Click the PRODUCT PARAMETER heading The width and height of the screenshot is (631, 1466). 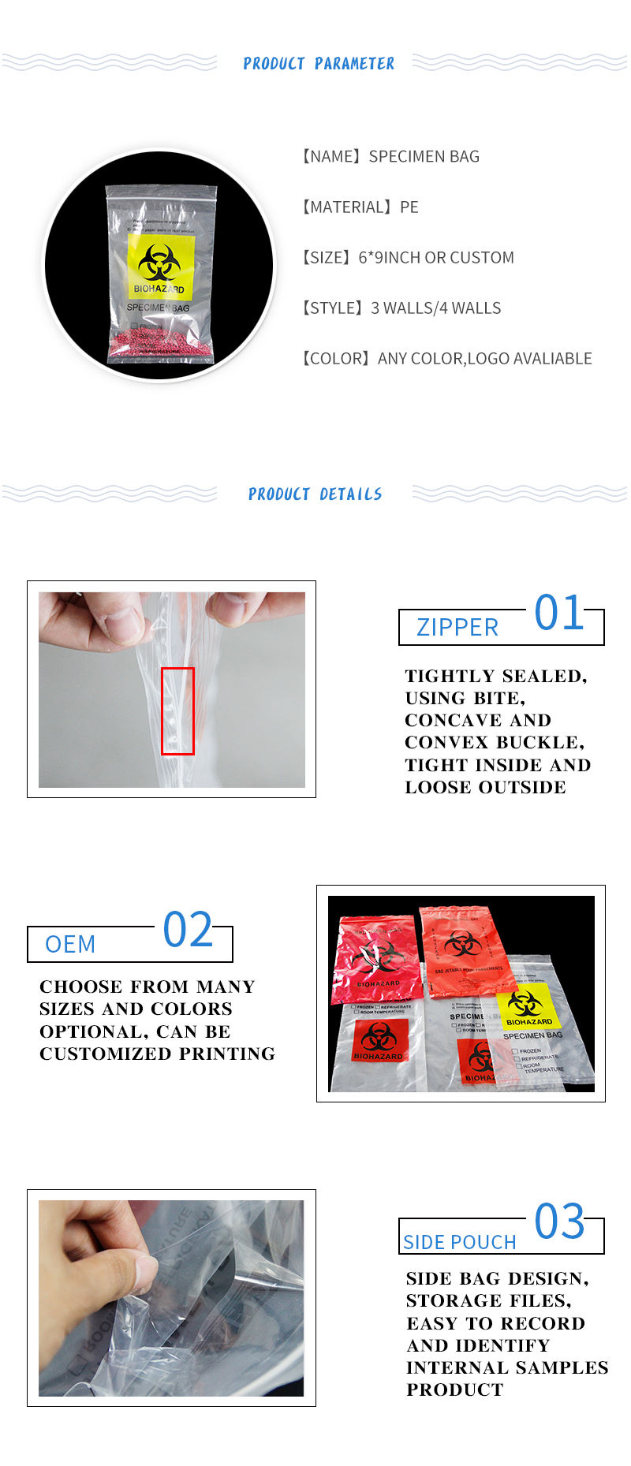click(x=319, y=64)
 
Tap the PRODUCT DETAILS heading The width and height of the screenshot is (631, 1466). click(x=315, y=494)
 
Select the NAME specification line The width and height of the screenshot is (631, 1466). click(x=390, y=156)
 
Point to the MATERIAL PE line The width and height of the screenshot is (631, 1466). click(x=360, y=207)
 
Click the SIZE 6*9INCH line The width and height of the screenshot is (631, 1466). click(x=407, y=257)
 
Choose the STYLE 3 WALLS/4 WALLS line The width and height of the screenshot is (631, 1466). click(x=401, y=308)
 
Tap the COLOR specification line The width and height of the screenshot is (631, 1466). click(x=446, y=358)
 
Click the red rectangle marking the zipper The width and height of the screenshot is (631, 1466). click(x=177, y=711)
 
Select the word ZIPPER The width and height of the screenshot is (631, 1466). click(x=457, y=628)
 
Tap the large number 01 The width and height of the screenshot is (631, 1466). click(x=558, y=613)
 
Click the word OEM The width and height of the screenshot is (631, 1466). click(x=70, y=944)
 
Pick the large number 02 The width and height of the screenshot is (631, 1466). click(x=188, y=930)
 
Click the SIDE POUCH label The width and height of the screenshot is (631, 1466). click(x=460, y=1242)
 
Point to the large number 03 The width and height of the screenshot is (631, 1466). click(x=559, y=1222)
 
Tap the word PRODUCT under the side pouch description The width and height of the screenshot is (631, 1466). click(x=454, y=1390)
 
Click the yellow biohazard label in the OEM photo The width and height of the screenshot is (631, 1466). click(x=528, y=1007)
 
